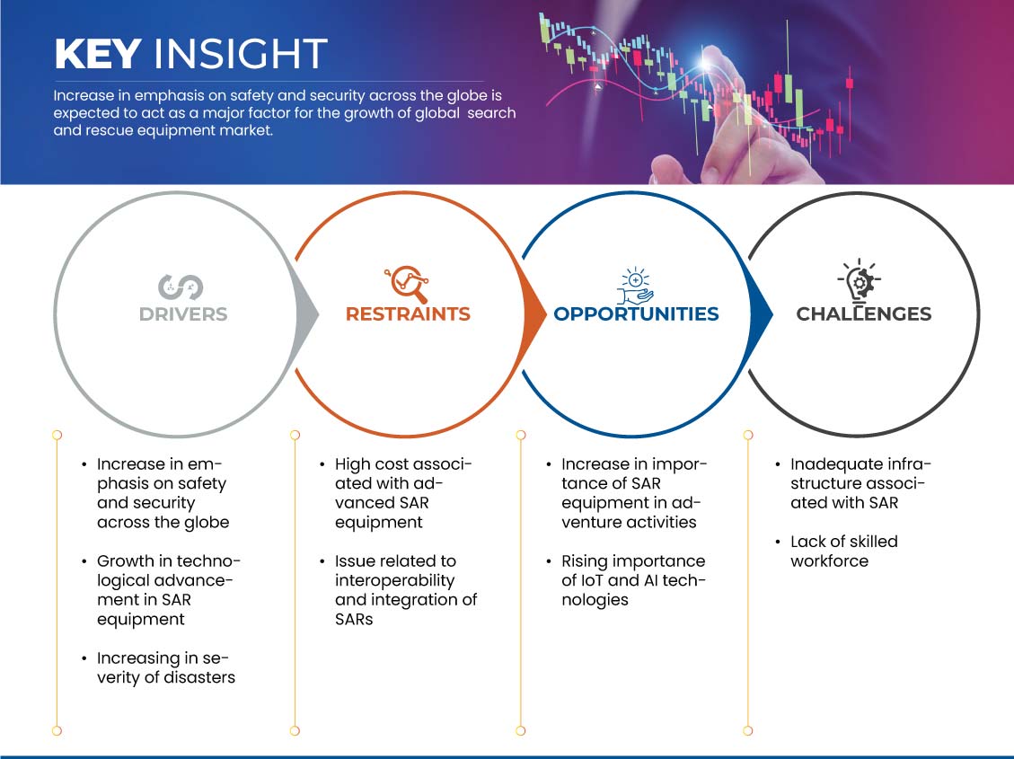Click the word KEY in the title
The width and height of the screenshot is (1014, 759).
[x=98, y=54]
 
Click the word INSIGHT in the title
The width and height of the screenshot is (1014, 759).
[x=240, y=54]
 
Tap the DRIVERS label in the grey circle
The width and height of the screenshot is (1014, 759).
[x=183, y=314]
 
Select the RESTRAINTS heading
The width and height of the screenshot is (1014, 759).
[x=408, y=314]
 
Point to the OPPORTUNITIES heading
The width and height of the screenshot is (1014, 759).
[x=637, y=314]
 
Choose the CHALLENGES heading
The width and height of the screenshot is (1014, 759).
[x=863, y=314]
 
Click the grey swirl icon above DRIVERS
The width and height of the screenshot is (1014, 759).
[x=181, y=287]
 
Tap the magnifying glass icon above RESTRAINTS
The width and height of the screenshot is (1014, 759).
[x=408, y=284]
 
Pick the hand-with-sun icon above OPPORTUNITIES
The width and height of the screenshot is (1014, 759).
[x=635, y=285]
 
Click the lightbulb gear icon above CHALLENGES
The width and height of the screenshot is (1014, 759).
[x=859, y=280]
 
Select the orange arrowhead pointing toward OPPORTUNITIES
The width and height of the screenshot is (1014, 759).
[x=534, y=315]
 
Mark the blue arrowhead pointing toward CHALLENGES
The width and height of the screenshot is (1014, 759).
[x=761, y=315]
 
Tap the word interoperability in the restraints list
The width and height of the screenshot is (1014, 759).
[x=394, y=581]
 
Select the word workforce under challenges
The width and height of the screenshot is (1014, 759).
[x=829, y=561]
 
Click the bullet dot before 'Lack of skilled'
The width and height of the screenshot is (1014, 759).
[x=777, y=542]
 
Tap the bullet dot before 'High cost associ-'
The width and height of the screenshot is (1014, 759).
[x=322, y=464]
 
